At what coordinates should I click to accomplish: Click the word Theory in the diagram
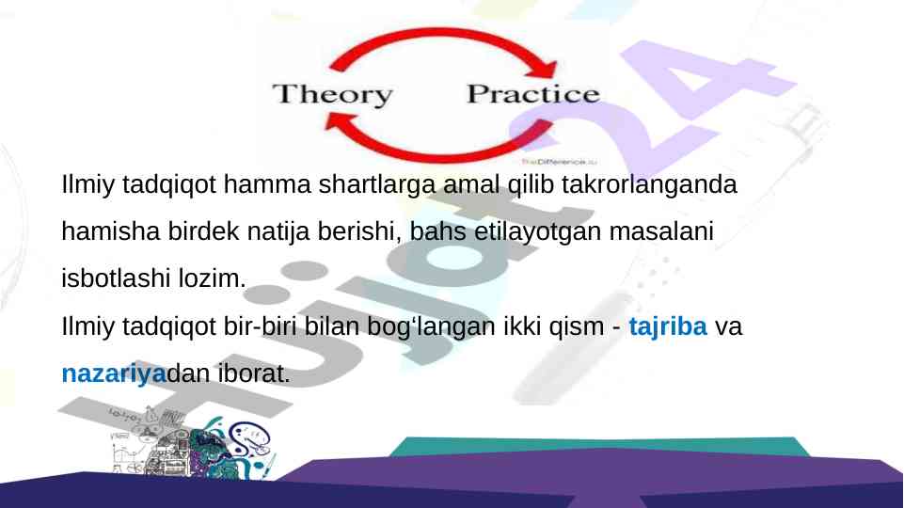coord(333,95)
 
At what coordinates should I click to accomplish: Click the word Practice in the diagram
coord(533,94)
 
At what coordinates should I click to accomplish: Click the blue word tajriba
coord(668,326)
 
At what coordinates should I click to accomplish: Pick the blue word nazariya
coord(114,373)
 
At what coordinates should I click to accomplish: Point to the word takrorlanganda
coord(649,184)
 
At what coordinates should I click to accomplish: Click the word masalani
coord(661,231)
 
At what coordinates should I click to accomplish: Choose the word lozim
coord(212,278)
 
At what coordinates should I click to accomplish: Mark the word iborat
coord(254,373)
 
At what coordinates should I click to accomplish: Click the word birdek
coord(203,231)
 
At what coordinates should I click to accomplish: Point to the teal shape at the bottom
coord(599,444)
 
